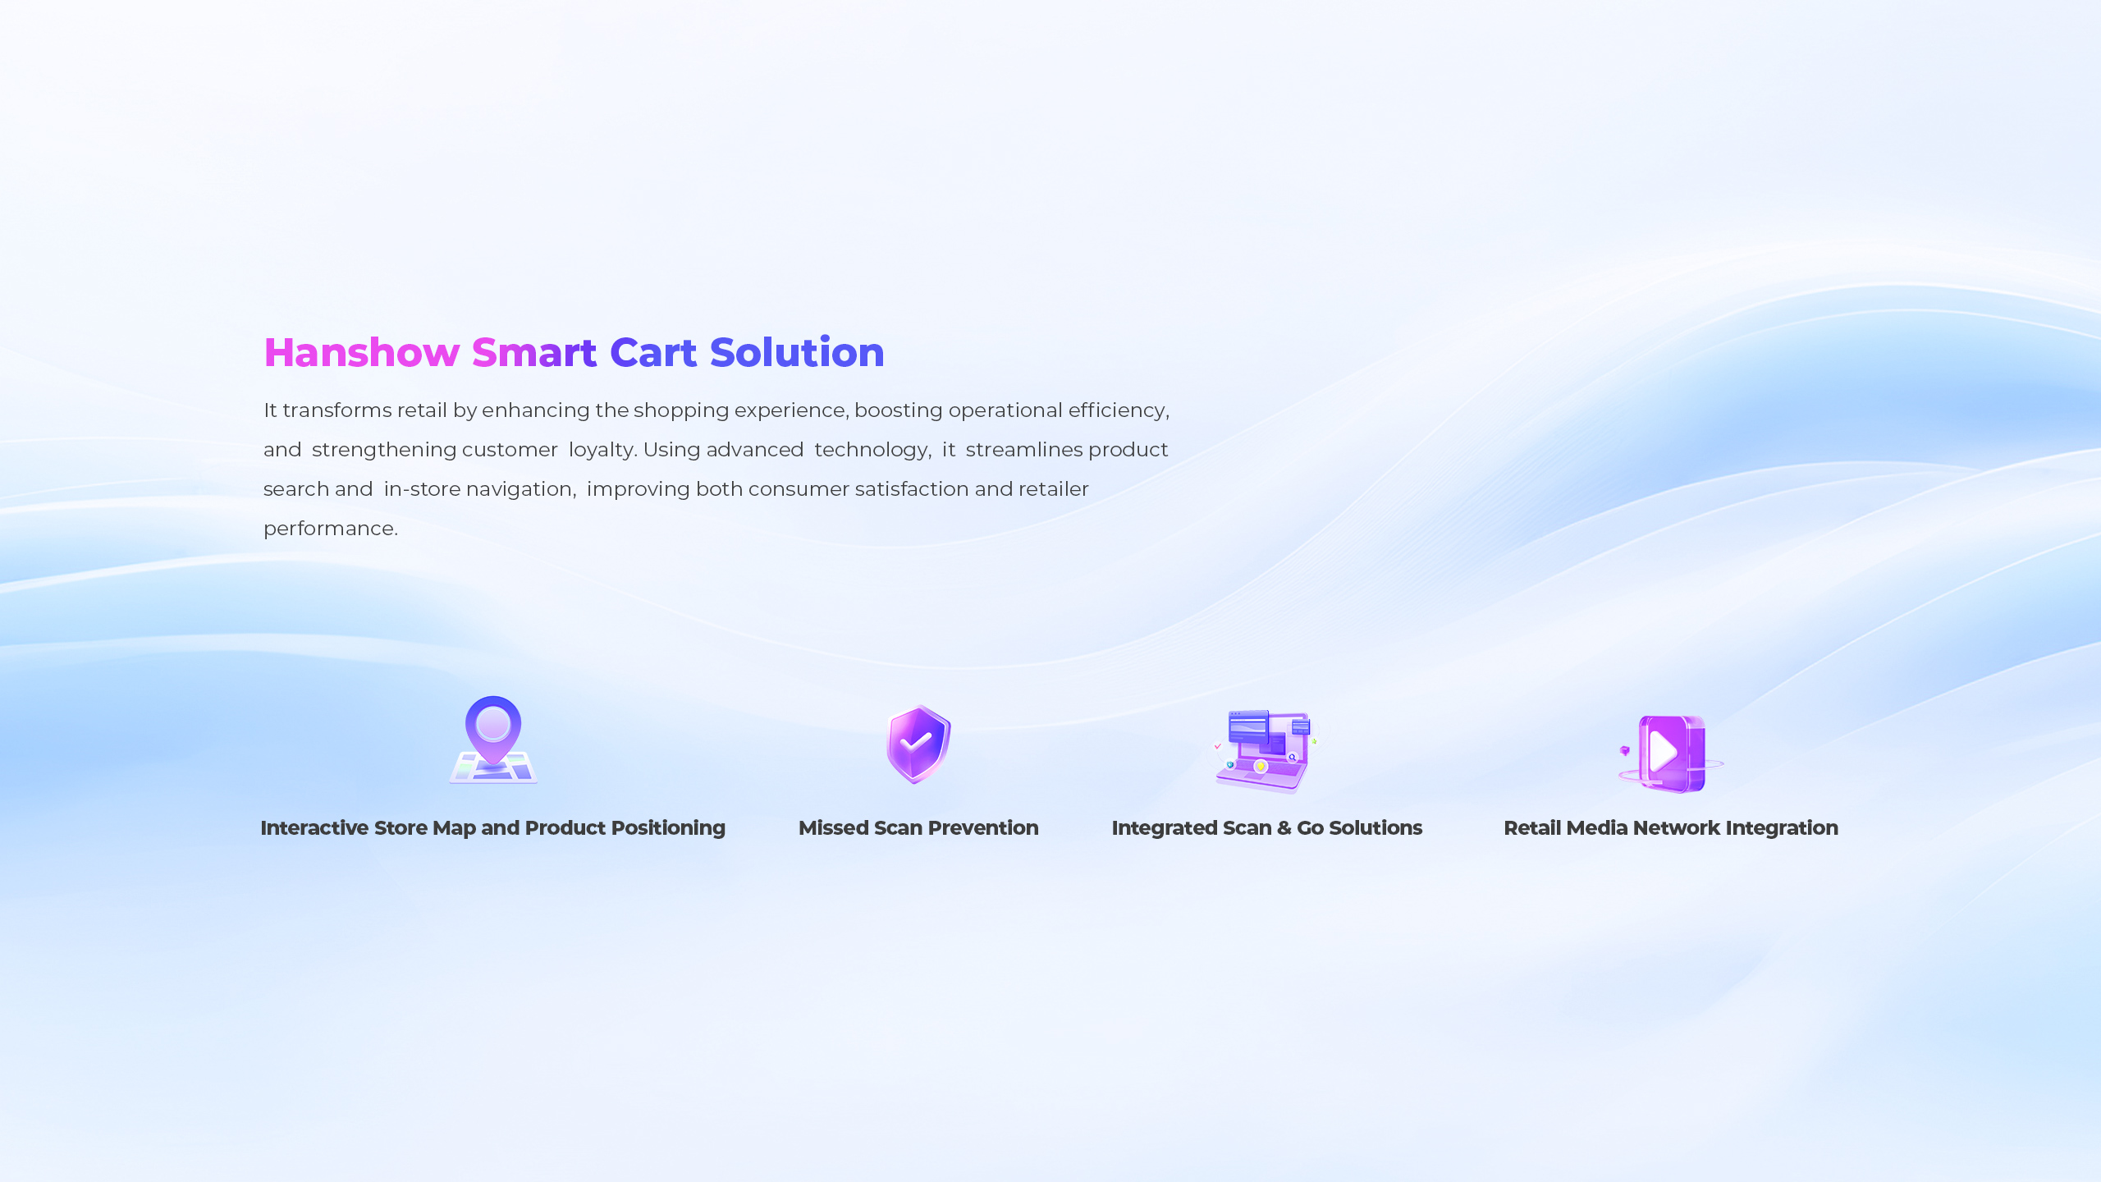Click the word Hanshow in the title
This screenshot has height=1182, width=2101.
361,353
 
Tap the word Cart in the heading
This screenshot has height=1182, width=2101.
653,353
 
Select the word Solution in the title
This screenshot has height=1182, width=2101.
797,352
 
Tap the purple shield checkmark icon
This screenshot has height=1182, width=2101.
918,744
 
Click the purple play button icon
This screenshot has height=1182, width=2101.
1670,754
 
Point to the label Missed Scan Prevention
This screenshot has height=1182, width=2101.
918,827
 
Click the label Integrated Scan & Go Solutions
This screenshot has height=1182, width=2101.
1266,827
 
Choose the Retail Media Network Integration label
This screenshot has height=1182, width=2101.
1670,827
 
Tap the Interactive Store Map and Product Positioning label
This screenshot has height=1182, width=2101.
492,827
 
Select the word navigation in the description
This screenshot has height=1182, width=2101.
519,489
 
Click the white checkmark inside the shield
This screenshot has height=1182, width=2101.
916,742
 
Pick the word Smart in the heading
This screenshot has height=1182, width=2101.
533,353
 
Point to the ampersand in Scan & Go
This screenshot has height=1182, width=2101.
1285,827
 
